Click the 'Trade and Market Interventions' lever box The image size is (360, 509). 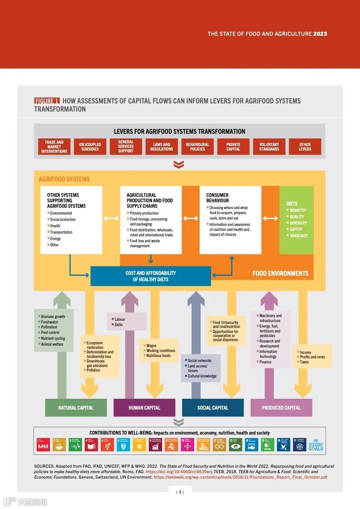(x=54, y=147)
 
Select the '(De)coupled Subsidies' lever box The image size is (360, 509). (x=90, y=147)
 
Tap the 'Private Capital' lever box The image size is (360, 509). (x=233, y=147)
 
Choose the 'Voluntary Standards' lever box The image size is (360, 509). (x=269, y=147)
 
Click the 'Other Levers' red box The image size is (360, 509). (x=305, y=147)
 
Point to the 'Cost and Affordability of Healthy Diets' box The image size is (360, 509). (x=151, y=276)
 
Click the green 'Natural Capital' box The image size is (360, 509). (x=76, y=407)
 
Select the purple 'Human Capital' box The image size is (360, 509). (x=144, y=407)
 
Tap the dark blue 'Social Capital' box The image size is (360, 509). (x=213, y=407)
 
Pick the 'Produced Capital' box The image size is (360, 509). (x=281, y=407)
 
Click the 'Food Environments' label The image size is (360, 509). (x=280, y=274)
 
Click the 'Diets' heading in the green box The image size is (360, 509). (x=292, y=204)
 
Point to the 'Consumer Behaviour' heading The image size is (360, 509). (x=217, y=198)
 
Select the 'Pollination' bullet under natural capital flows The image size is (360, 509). (x=49, y=327)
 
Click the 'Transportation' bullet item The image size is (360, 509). (x=61, y=232)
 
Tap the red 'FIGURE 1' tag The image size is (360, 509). (x=47, y=101)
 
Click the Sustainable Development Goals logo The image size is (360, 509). (x=316, y=445)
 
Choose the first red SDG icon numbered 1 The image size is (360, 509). (x=43, y=445)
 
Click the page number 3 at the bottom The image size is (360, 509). (x=180, y=492)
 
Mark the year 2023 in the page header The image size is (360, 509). (x=320, y=34)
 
